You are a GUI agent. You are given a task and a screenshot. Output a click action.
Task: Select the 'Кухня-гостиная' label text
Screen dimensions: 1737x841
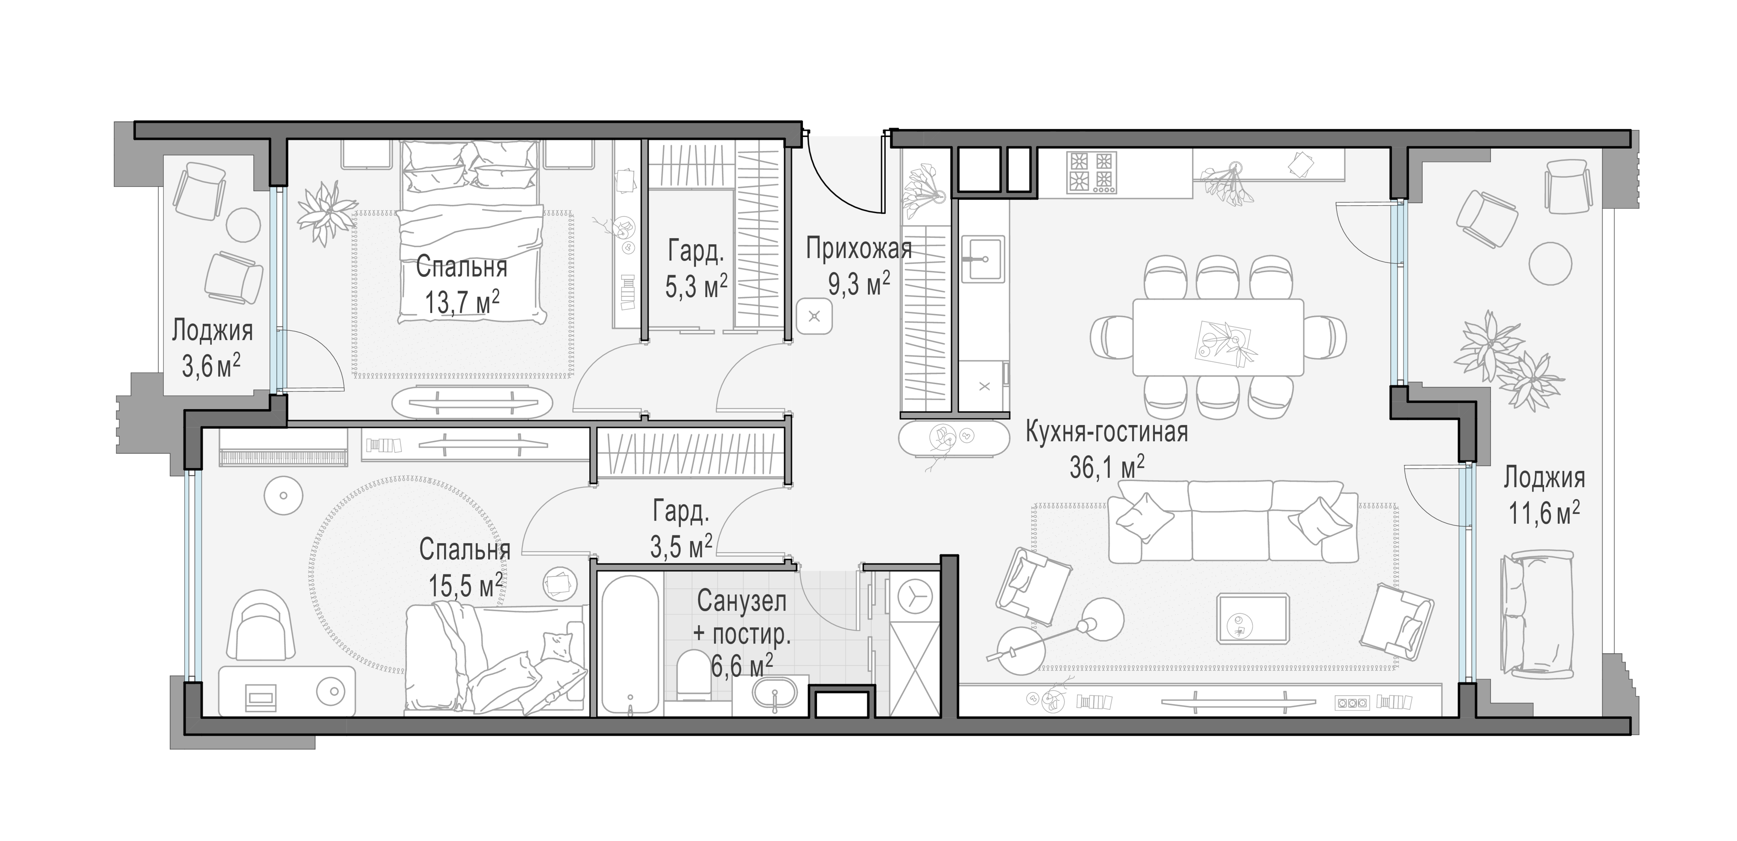[x=1107, y=432]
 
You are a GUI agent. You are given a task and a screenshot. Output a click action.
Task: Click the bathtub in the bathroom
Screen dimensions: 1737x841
[x=629, y=644]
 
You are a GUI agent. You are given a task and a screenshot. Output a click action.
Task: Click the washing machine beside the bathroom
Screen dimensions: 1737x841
[x=915, y=597]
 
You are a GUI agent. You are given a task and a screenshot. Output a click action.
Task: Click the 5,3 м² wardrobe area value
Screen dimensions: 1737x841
[x=696, y=287]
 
